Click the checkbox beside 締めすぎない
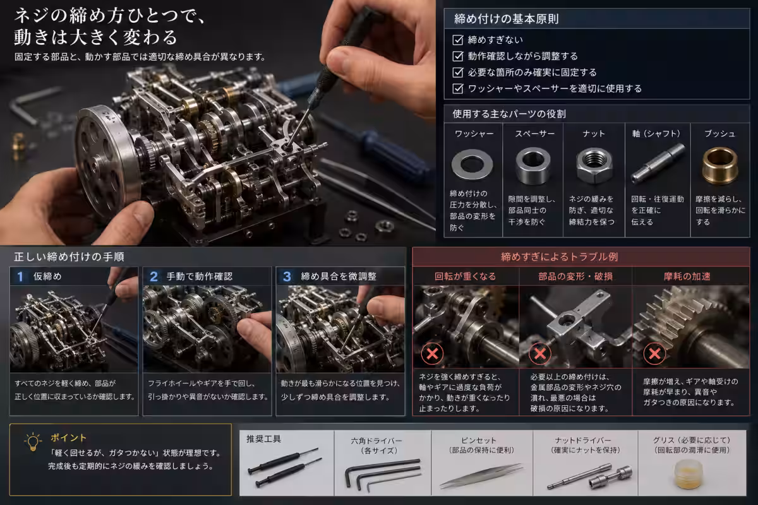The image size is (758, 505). pyautogui.click(x=457, y=40)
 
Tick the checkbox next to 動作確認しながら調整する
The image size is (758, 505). pyautogui.click(x=457, y=56)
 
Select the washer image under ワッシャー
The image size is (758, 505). pyautogui.click(x=472, y=164)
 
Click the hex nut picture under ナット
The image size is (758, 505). pyautogui.click(x=594, y=166)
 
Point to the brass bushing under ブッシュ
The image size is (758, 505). pyautogui.click(x=719, y=166)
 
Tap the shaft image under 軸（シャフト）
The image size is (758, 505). pyautogui.click(x=658, y=163)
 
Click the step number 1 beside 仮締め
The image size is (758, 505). pyautogui.click(x=20, y=276)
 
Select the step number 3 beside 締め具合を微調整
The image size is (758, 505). pyautogui.click(x=287, y=276)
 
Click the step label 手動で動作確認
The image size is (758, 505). pyautogui.click(x=200, y=276)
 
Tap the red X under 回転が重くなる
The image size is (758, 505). pyautogui.click(x=432, y=353)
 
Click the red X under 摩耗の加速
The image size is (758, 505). pyautogui.click(x=654, y=353)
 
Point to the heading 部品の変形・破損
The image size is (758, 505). pyautogui.click(x=575, y=276)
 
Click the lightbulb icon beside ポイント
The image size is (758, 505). pyautogui.click(x=33, y=441)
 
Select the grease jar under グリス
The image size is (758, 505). pyautogui.click(x=688, y=473)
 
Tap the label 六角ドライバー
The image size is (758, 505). pyautogui.click(x=376, y=441)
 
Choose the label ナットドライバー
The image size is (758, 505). pyautogui.click(x=583, y=441)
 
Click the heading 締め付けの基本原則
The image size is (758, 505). pyautogui.click(x=506, y=19)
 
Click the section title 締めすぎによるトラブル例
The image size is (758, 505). pyautogui.click(x=560, y=257)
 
